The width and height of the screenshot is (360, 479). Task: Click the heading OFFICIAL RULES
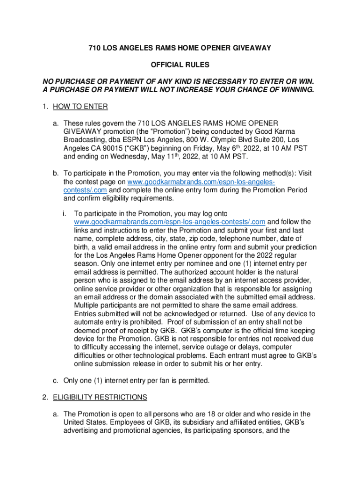click(x=180, y=64)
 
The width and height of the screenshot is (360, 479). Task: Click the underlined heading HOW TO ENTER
click(x=80, y=107)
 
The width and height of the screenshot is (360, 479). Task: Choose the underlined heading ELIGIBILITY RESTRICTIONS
click(x=100, y=397)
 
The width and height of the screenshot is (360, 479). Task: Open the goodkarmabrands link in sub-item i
click(x=170, y=221)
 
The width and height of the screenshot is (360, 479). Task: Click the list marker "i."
click(x=64, y=213)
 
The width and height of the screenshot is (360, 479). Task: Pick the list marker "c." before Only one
click(x=55, y=379)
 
